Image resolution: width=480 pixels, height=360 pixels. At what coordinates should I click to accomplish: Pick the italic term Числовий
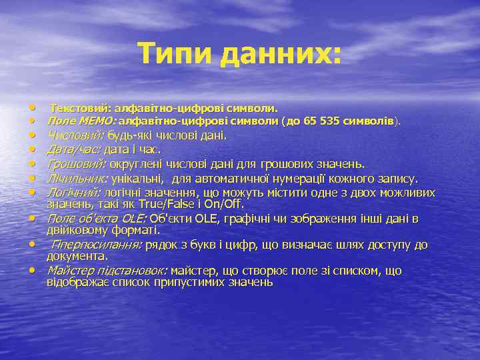(75, 135)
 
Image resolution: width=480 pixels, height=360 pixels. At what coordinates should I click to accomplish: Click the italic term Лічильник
(77, 178)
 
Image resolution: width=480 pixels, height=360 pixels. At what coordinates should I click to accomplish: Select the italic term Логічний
(73, 192)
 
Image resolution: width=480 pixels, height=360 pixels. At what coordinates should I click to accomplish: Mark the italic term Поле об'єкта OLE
(97, 218)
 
